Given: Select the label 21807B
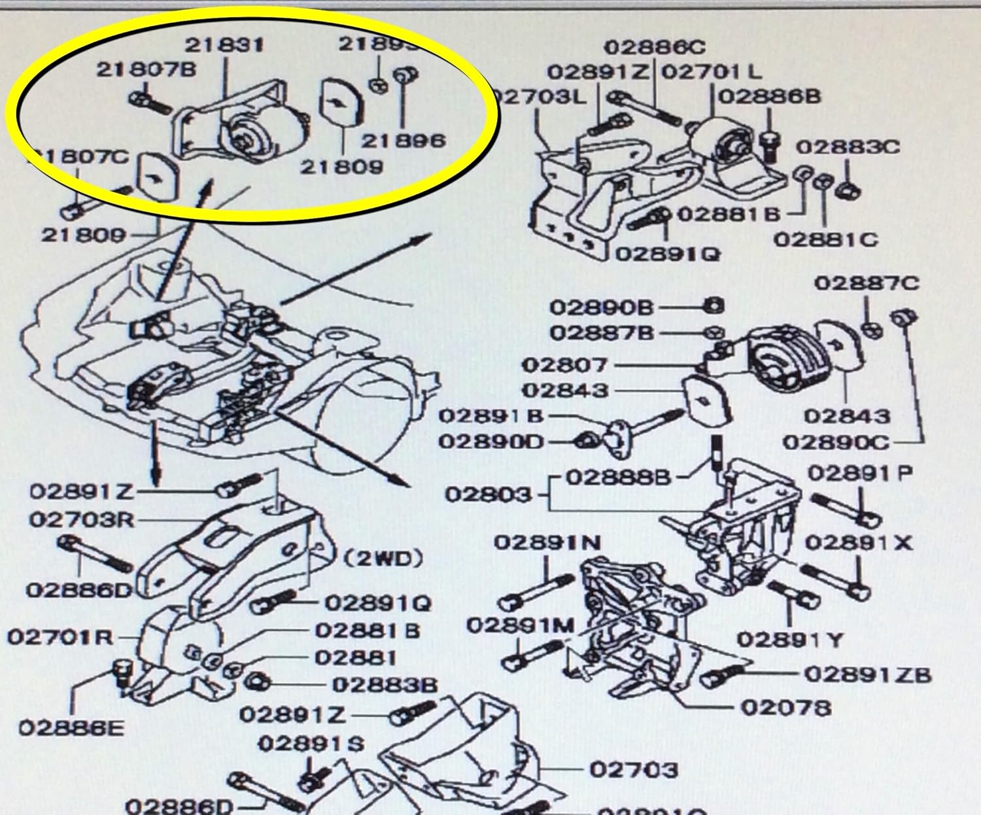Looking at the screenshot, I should click(x=146, y=70).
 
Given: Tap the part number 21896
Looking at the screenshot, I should click(x=404, y=140).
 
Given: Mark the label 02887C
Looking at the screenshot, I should click(x=867, y=283).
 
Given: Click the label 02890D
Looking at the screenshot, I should click(x=490, y=442).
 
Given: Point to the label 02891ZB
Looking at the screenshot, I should click(x=867, y=674).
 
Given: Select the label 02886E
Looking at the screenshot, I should click(x=71, y=728).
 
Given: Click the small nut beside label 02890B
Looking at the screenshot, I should click(x=715, y=305).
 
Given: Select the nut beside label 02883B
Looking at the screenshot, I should click(x=256, y=682).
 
